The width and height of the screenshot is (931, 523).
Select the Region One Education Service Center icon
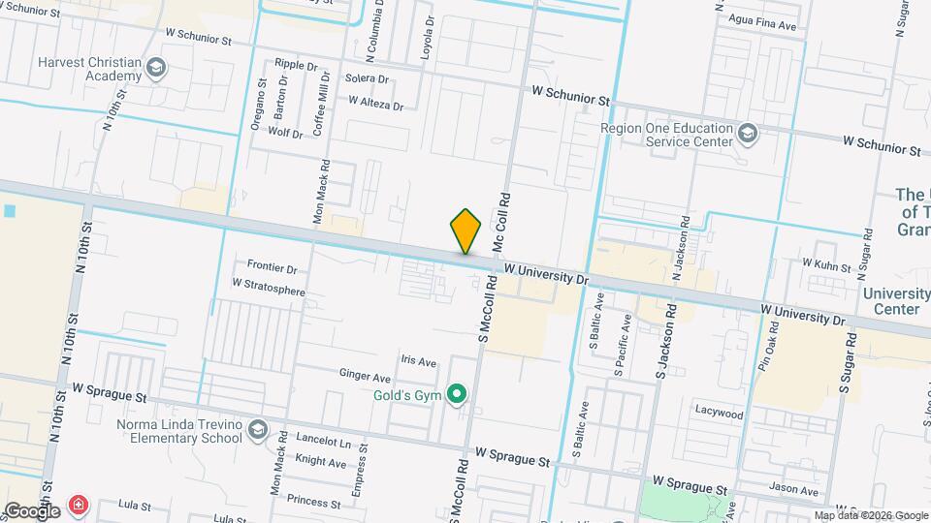coord(747,134)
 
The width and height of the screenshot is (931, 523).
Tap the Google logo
coord(33,510)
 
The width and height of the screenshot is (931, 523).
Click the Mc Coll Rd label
coord(503,222)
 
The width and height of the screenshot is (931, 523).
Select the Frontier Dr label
coord(272,267)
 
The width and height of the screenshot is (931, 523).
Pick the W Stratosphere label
coord(269,285)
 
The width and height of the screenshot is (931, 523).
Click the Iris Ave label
coord(420,360)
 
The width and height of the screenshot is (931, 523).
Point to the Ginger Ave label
coord(365,376)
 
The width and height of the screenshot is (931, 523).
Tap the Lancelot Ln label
coord(326,443)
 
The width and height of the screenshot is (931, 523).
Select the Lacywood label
coord(719,413)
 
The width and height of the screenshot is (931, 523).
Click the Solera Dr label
coord(367,79)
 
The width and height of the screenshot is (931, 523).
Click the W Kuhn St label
coord(826,264)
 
